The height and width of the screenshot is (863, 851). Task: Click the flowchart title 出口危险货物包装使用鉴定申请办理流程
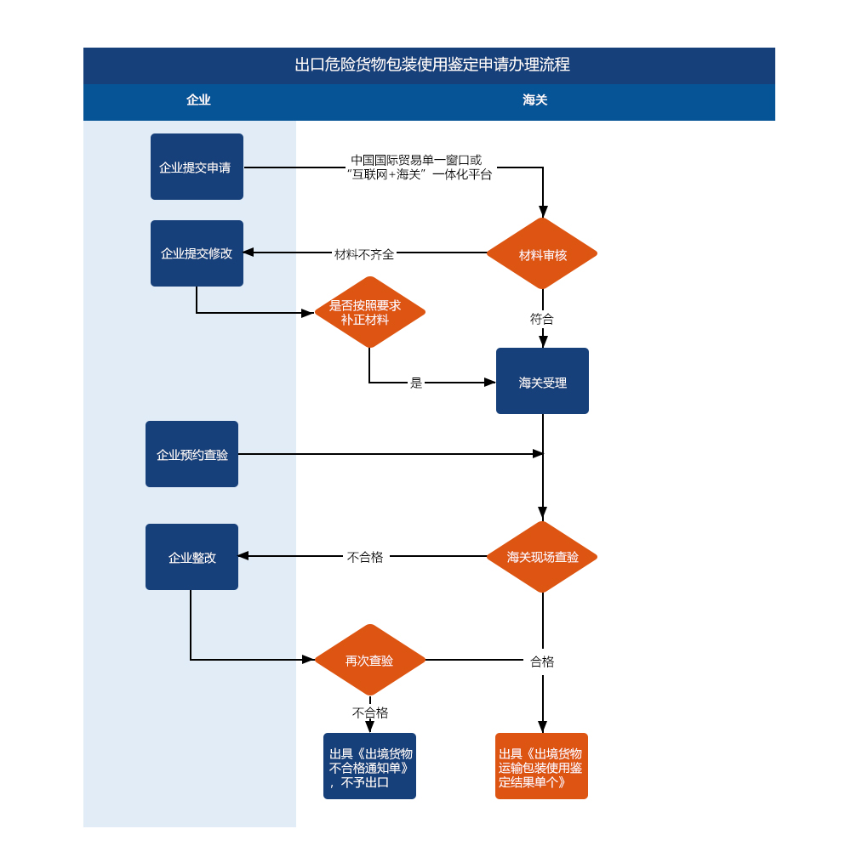coord(431,65)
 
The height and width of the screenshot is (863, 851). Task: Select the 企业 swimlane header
coord(198,99)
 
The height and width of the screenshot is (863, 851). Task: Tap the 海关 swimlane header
coord(534,99)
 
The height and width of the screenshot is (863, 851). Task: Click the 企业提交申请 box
coord(197,167)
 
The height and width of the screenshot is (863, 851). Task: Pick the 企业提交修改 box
coord(197,253)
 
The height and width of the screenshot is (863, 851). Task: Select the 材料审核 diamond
coord(542,253)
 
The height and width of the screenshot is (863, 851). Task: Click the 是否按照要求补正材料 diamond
coord(369,312)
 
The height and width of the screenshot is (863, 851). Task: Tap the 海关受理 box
coord(543,381)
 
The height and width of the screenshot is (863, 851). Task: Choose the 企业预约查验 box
coord(191,454)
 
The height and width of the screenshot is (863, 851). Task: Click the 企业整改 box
coord(191,557)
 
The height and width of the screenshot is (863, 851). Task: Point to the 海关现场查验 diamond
coord(542,557)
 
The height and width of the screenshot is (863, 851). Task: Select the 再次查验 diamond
coord(369,660)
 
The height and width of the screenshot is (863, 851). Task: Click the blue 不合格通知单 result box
coord(369,766)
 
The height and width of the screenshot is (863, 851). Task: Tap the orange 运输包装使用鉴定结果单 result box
coord(541,766)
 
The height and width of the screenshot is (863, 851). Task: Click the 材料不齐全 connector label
coord(364,254)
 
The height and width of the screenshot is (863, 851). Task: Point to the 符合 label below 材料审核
coord(542,319)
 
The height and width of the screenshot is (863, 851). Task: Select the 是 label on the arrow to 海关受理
coord(416,383)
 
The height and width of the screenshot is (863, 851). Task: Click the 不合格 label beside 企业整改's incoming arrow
coord(365,558)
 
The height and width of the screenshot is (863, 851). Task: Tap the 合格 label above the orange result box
coord(542,661)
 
